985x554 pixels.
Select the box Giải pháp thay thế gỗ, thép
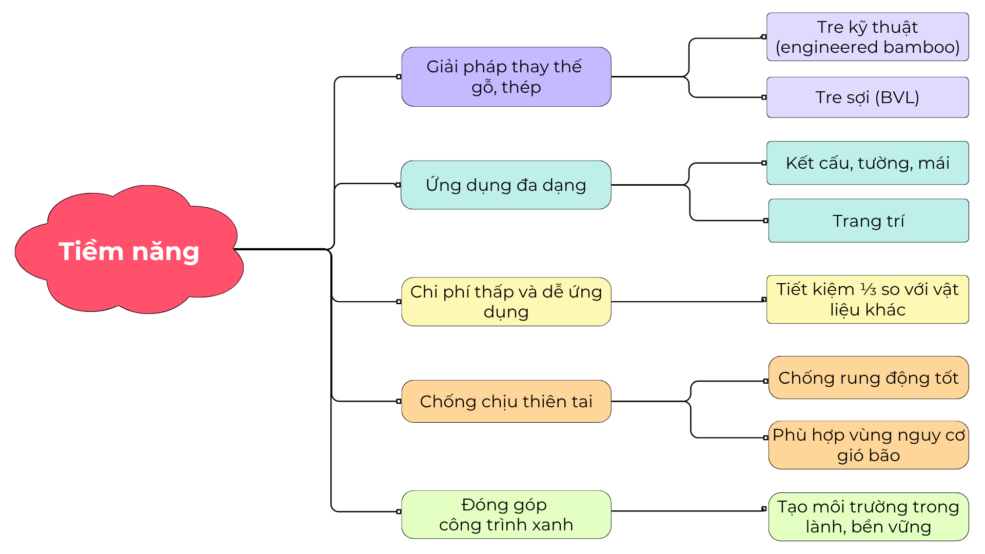tap(506, 77)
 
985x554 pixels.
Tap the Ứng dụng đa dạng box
tap(506, 185)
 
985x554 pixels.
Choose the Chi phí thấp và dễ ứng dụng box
tap(506, 302)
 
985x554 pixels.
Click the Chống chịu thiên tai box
tap(506, 401)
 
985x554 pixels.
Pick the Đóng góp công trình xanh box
tap(506, 515)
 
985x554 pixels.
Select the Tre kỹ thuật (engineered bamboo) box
tap(868, 37)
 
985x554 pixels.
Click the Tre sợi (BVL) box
tap(868, 97)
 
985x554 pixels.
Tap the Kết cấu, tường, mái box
tap(868, 163)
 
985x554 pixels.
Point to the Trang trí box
tap(869, 221)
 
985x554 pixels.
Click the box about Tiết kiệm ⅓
tap(868, 300)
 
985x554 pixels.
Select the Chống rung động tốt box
tap(869, 378)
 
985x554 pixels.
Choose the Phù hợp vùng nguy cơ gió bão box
tap(869, 445)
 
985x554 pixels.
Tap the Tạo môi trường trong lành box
tap(869, 517)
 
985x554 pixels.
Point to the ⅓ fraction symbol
tap(868, 290)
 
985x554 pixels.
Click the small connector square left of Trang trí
tap(766, 221)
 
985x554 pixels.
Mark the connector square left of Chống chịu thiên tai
tap(399, 401)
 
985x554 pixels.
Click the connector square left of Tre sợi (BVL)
tap(764, 97)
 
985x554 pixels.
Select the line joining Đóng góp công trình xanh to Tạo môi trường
tap(687, 511)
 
